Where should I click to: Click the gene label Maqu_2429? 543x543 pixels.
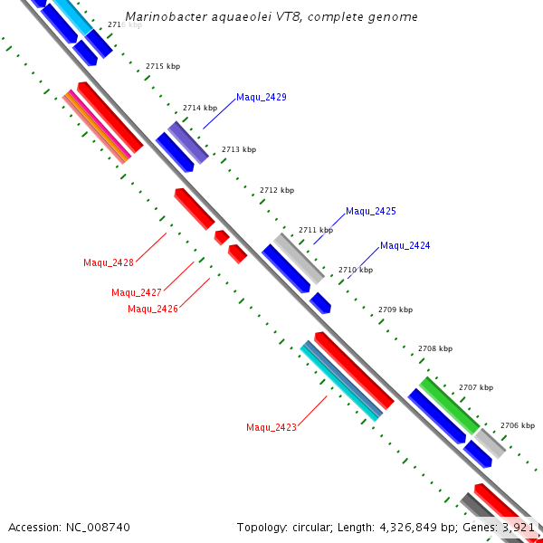pos(262,97)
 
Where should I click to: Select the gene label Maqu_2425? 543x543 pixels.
pos(371,211)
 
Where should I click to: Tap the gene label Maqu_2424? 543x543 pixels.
pos(405,245)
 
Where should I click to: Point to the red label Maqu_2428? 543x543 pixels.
pos(109,262)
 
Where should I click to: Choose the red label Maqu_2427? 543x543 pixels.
pos(137,292)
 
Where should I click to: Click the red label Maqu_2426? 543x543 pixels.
pos(153,309)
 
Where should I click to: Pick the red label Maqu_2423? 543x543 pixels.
pos(271,427)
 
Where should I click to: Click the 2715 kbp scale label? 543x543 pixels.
pos(163,66)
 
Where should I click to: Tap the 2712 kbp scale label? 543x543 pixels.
pos(277,190)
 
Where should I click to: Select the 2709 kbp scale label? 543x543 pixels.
pos(395,310)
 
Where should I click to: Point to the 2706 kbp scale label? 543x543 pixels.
pos(518,425)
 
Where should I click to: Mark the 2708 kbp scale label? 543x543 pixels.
pos(435,348)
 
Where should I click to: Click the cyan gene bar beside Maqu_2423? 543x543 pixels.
pos(341,381)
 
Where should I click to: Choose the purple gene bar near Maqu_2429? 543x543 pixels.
pos(188,142)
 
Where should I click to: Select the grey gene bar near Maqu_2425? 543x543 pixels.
pos(299,258)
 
